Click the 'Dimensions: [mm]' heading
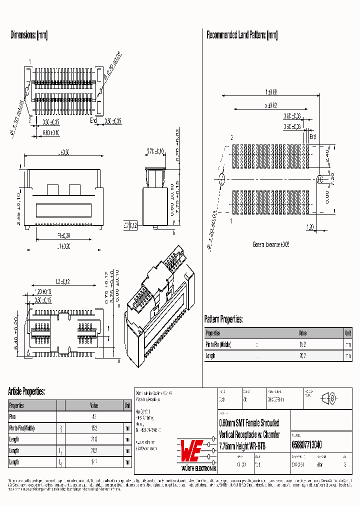tap(29, 35)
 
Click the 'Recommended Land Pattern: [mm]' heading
tap(242, 35)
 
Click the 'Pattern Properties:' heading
tap(223, 319)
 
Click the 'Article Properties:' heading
tap(26, 391)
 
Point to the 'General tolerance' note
tap(270, 244)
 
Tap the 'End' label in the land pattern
tap(313, 136)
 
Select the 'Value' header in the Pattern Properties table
tap(303, 333)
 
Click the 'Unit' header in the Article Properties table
tap(127, 405)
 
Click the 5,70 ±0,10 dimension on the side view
tap(155, 152)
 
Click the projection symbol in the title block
tap(329, 398)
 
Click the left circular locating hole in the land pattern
tap(222, 179)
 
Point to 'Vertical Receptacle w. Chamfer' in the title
tap(249, 434)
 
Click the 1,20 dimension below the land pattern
tap(309, 226)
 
